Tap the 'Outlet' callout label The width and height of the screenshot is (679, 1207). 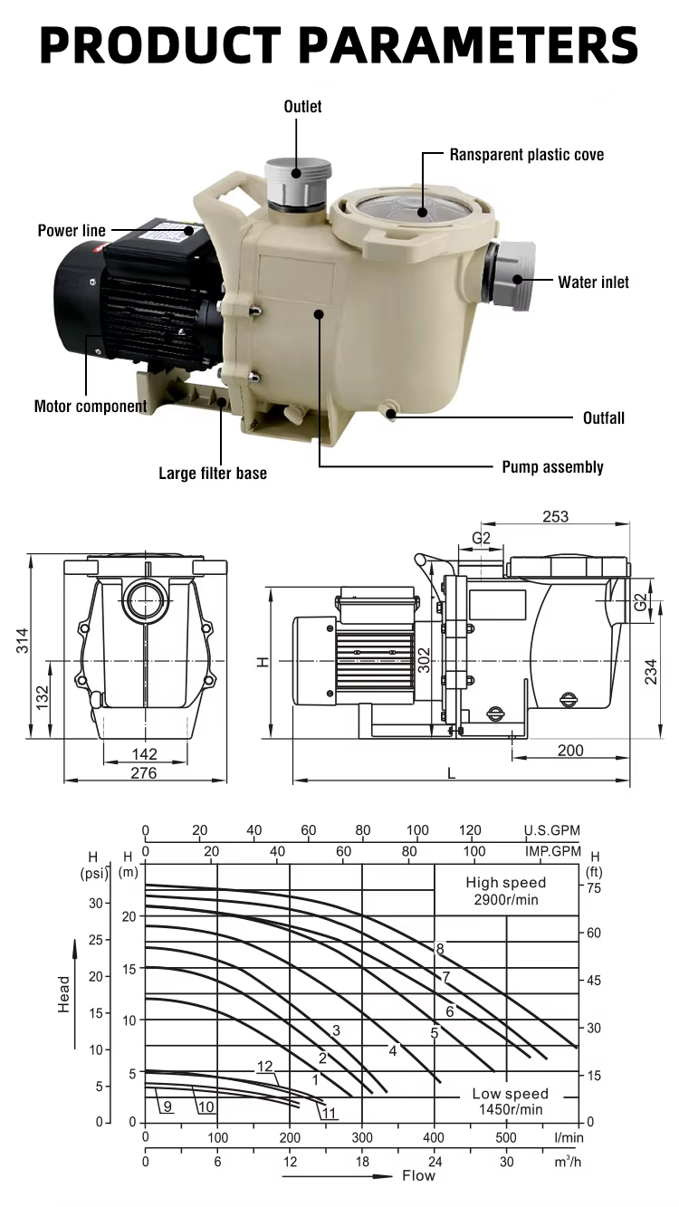click(x=302, y=107)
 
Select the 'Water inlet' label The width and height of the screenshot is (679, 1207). click(x=593, y=283)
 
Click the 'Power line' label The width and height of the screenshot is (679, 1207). click(x=72, y=231)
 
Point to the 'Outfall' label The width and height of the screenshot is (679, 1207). click(x=602, y=418)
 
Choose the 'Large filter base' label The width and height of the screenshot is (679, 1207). click(x=213, y=473)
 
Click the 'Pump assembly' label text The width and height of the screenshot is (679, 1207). click(x=552, y=467)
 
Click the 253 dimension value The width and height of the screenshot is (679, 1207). click(x=555, y=516)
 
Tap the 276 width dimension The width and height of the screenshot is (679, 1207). click(x=143, y=772)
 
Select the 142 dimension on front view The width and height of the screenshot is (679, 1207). click(x=144, y=753)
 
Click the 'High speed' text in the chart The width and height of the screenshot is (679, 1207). click(x=506, y=883)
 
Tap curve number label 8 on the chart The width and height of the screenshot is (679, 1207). click(x=440, y=949)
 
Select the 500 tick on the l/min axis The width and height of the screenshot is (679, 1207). click(x=506, y=1137)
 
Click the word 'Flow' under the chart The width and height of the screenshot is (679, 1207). click(x=418, y=1176)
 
